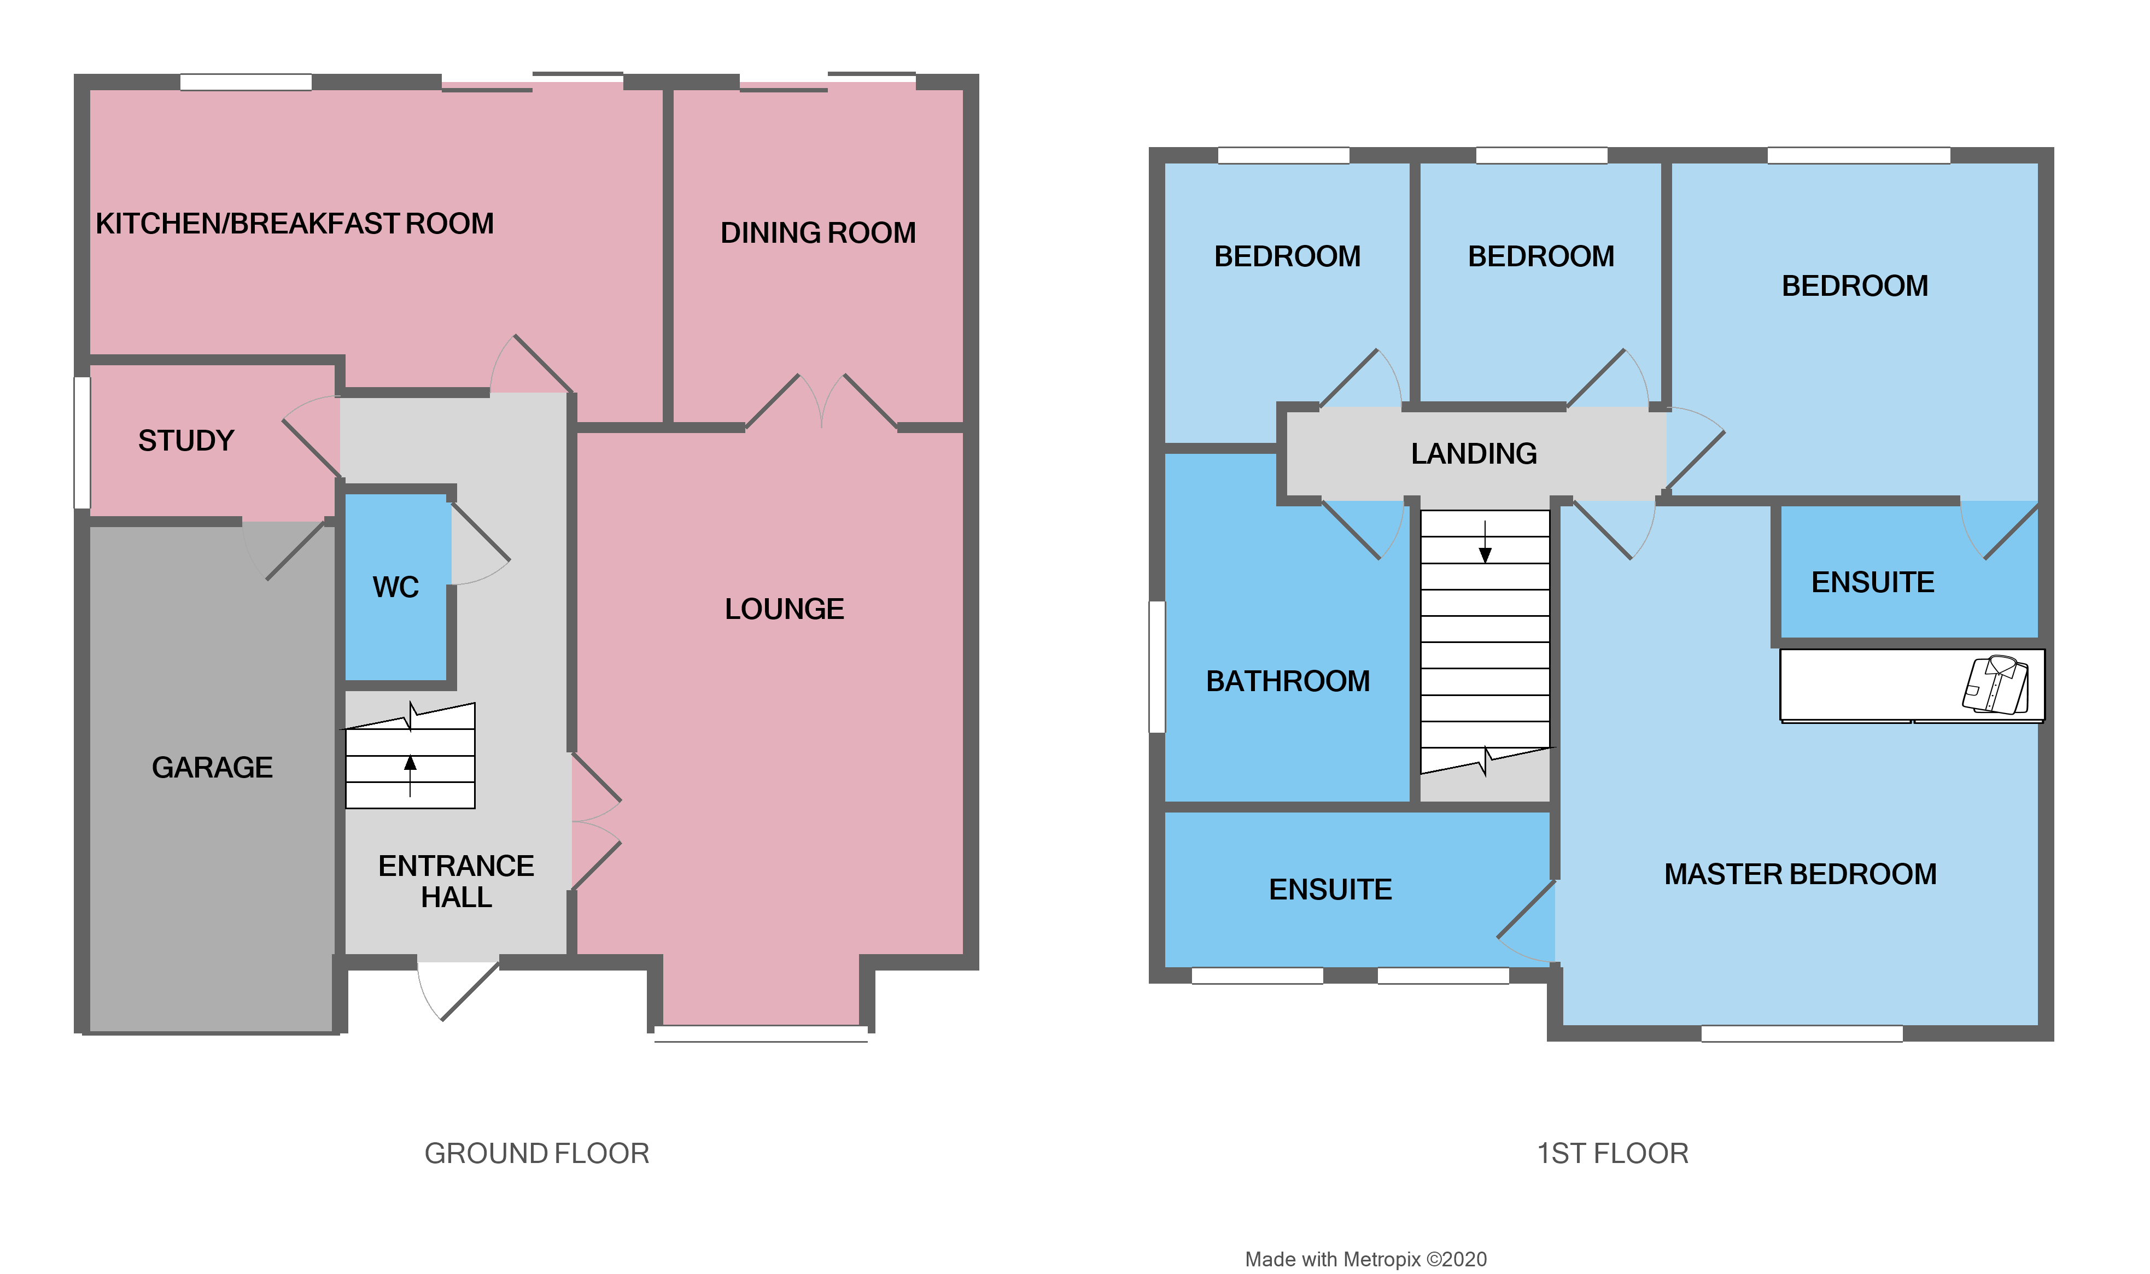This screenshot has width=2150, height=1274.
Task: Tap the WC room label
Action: click(x=396, y=587)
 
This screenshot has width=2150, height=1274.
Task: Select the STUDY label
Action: click(x=186, y=440)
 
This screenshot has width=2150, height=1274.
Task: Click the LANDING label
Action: click(x=1474, y=453)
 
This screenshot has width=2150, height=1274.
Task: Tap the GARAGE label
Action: click(x=212, y=767)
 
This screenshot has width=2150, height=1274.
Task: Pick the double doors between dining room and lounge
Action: click(x=821, y=402)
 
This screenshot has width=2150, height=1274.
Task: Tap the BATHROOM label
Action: click(x=1287, y=681)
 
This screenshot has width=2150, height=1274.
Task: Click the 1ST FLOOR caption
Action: click(x=1612, y=1153)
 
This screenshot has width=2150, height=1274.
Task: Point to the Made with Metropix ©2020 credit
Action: click(x=1365, y=1259)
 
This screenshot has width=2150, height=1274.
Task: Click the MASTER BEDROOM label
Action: click(x=1800, y=874)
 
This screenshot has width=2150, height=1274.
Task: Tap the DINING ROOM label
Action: click(x=818, y=232)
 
